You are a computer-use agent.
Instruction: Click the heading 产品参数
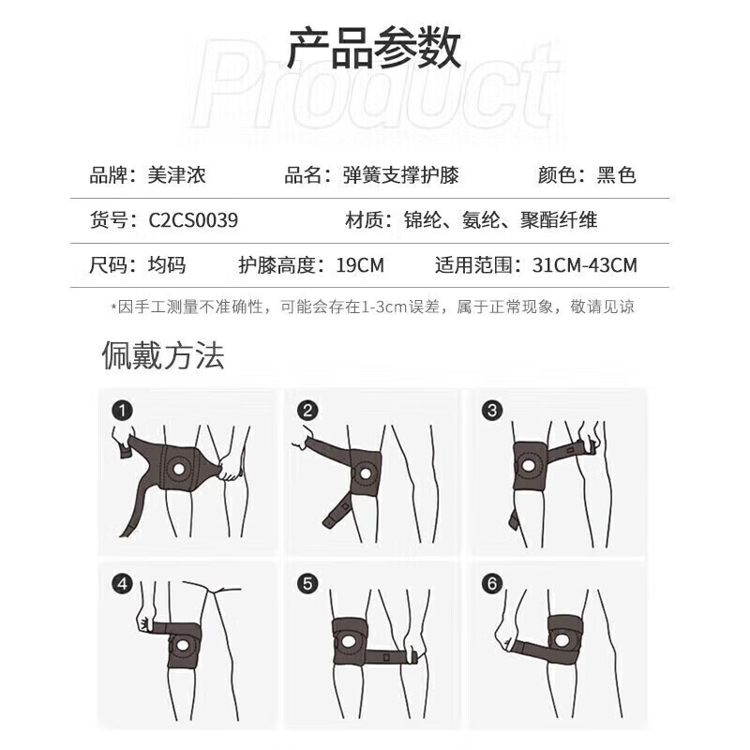(374, 49)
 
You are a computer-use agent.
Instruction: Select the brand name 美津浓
(177, 175)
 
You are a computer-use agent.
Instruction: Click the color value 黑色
(617, 175)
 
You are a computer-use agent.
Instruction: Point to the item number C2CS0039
(193, 221)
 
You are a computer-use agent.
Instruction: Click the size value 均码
(166, 265)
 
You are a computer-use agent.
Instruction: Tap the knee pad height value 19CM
(360, 265)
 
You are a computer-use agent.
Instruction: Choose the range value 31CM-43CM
(584, 265)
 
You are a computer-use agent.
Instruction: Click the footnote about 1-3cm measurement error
(373, 307)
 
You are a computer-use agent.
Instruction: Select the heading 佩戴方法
(163, 356)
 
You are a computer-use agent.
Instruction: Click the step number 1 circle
(120, 410)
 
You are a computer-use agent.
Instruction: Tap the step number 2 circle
(307, 410)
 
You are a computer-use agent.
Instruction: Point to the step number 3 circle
(493, 410)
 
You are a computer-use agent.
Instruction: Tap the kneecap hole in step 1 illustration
(178, 468)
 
